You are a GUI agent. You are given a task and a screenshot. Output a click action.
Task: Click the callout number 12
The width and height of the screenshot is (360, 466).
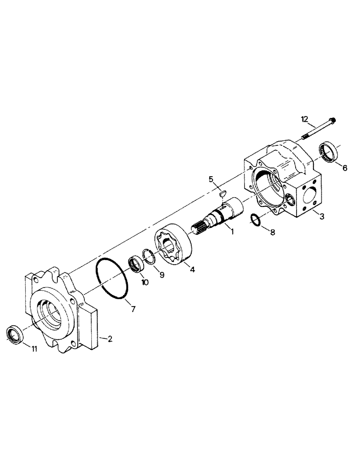coord(305,119)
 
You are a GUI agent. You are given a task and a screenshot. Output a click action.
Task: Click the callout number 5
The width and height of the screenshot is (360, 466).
coord(211,179)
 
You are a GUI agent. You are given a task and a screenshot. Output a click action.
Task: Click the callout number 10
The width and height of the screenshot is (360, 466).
coord(145,282)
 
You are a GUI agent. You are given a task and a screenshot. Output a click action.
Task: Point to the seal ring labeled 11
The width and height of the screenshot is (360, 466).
coord(14,334)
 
